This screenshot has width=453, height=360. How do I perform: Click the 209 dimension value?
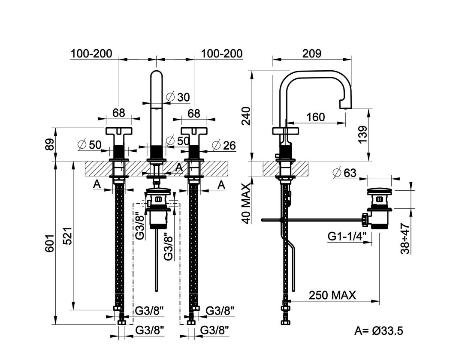point(312,54)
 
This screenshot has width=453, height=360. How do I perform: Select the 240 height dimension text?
point(246,116)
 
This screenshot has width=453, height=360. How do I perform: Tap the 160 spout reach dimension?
point(315,117)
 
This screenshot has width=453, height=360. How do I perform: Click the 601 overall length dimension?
point(49,243)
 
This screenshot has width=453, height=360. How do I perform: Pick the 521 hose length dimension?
point(68,236)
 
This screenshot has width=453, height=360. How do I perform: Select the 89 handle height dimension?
point(49,144)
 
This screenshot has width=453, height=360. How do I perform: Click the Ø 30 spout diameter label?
point(178,97)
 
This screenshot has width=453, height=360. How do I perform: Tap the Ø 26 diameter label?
point(224,146)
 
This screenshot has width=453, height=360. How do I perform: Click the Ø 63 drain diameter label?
point(344,173)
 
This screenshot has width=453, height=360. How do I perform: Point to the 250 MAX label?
point(332,295)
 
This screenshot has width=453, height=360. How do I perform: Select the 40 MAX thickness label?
point(246,204)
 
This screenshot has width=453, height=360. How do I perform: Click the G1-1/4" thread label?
point(347,237)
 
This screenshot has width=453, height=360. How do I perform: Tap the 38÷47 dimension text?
point(405,238)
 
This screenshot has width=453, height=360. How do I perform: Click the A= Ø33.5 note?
point(378,330)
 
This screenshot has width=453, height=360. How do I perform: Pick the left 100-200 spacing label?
point(91,54)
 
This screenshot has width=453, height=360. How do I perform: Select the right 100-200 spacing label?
point(222,54)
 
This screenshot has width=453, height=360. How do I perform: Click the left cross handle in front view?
point(119,131)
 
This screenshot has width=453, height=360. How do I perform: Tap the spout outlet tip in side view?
point(345,107)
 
